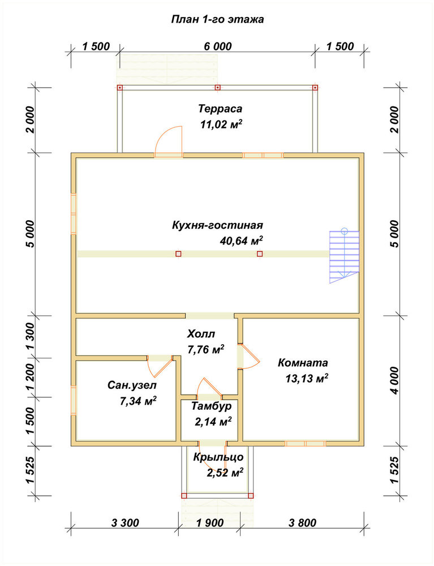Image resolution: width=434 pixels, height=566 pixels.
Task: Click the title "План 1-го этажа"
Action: (x=217, y=19)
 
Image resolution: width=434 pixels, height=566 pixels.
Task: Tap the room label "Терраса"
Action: (x=220, y=108)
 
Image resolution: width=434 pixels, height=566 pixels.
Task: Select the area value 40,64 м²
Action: (x=242, y=240)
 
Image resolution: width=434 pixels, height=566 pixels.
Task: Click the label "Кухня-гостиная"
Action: (x=217, y=225)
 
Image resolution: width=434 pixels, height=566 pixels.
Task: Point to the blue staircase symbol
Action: (x=344, y=256)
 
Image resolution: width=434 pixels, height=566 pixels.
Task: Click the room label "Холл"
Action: (x=201, y=333)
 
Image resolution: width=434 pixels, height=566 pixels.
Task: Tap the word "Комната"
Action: (x=303, y=362)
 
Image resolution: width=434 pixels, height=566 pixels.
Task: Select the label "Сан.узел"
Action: (x=132, y=385)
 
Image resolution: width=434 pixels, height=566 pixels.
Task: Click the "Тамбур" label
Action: (x=212, y=406)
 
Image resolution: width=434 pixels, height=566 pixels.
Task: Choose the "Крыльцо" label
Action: (x=218, y=457)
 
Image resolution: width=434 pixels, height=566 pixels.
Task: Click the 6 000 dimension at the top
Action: (x=218, y=46)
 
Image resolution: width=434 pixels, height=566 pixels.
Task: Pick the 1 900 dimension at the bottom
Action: (x=210, y=522)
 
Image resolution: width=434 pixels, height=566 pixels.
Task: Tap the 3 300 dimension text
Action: (x=125, y=522)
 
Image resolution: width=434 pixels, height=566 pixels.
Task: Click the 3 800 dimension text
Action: (x=302, y=522)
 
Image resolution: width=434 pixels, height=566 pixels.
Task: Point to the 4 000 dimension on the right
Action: (x=395, y=381)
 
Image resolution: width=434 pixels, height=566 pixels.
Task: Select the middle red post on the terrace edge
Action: (x=217, y=87)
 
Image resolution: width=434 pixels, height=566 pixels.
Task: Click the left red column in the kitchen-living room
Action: (x=178, y=254)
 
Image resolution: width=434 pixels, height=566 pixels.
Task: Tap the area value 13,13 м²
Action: (x=307, y=378)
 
